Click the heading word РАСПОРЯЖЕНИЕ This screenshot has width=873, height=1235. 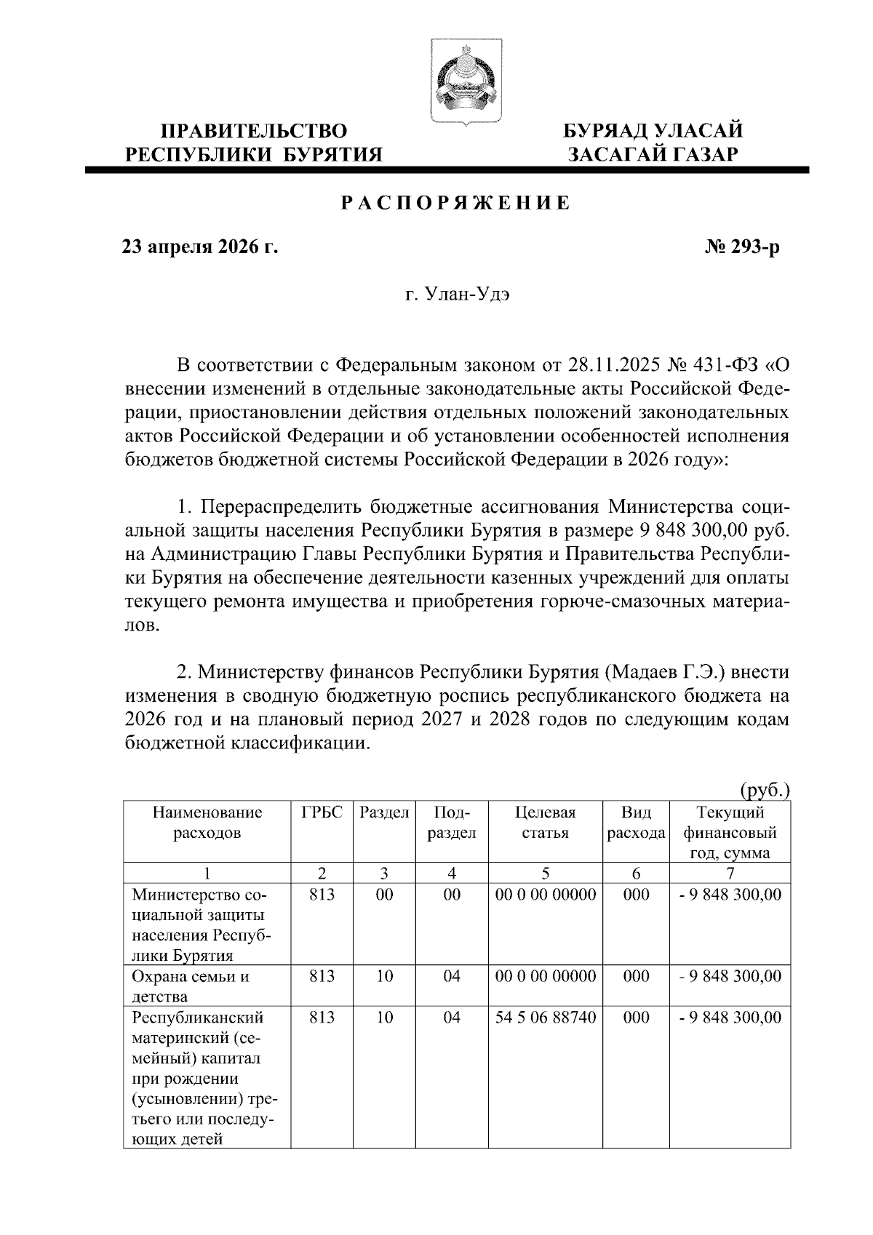click(457, 204)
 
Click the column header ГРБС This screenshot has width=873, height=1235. click(322, 812)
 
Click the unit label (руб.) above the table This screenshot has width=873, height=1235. click(764, 790)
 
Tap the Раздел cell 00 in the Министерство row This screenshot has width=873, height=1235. click(384, 895)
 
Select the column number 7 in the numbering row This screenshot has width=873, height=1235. click(730, 873)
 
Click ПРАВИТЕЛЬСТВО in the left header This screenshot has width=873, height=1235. click(254, 132)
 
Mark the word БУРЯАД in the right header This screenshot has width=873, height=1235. click(607, 132)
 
